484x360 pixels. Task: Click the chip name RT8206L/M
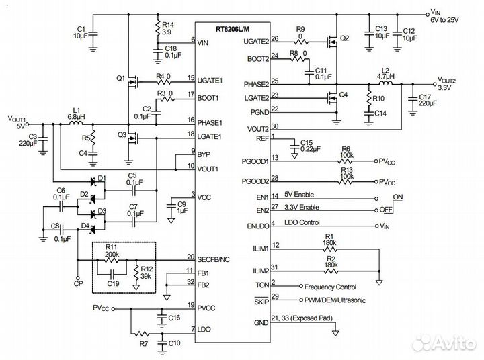[x=232, y=28]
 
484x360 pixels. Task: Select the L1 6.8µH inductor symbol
[x=75, y=124]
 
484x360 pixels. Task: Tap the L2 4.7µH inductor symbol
[x=385, y=84]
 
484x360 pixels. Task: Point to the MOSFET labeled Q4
[x=330, y=98]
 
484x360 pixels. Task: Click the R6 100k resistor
[x=346, y=162]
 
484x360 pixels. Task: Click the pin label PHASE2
[x=255, y=85]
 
